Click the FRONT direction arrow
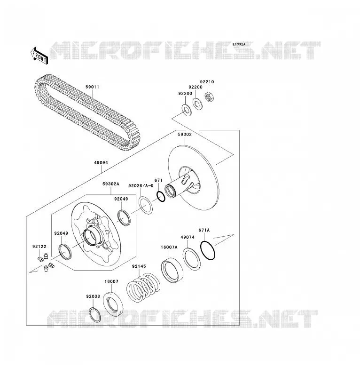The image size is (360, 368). pos(39,56)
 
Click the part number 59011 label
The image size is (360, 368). pos(92,87)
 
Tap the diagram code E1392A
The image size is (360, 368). pos(239,44)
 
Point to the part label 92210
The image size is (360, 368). pos(207,82)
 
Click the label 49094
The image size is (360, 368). pos(101,162)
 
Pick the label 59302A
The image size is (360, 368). pos(111,184)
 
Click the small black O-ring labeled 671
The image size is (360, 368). pos(161,196)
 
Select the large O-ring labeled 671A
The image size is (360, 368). pos(208,250)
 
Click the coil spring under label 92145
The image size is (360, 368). pos(143,287)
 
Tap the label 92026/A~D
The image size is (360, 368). pos(141,186)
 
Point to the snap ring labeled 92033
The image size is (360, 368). pos(95,314)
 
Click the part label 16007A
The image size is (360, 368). pos(169,247)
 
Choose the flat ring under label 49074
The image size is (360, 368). pos(192,259)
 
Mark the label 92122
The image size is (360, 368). pos(39,247)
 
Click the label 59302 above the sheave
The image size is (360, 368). pos(185,134)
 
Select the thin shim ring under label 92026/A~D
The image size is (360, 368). pos(146,206)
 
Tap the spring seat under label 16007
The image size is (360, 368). pos(113,304)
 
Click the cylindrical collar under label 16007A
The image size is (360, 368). pos(172,271)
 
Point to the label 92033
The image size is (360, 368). pos(93,296)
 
